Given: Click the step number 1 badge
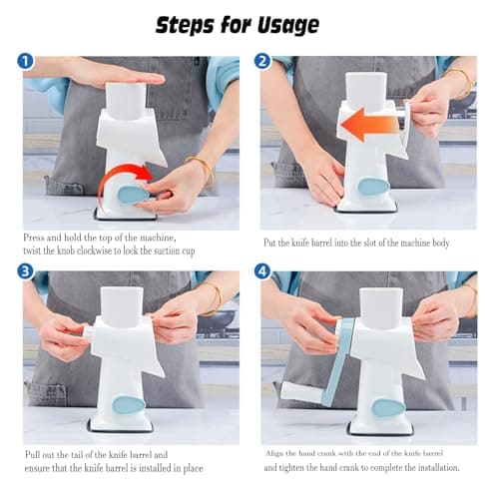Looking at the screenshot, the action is point(26,61).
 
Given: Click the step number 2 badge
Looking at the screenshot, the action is point(262,61).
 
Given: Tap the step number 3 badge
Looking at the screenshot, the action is point(26,271).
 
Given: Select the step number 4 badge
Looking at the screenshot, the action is point(262,271).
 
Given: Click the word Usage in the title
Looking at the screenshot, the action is point(288,25).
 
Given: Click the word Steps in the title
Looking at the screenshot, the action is point(185,25).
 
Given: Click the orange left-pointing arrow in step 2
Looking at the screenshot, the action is point(369,126).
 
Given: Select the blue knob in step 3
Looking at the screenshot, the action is point(128,404).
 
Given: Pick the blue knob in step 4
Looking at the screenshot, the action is point(387,407).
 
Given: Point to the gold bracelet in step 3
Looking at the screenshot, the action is point(213,298).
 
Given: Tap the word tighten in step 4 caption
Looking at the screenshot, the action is point(295,468).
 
